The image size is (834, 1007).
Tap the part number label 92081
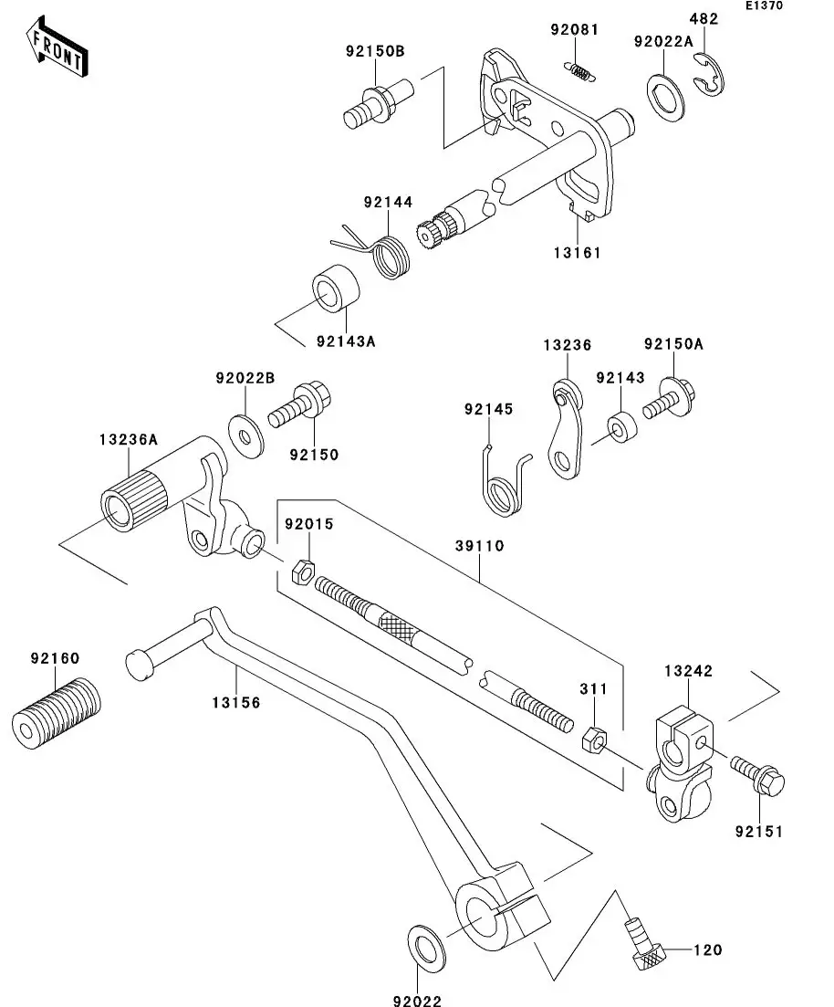click(575, 30)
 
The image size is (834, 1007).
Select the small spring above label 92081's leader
click(579, 71)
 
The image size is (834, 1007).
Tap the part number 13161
click(575, 253)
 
